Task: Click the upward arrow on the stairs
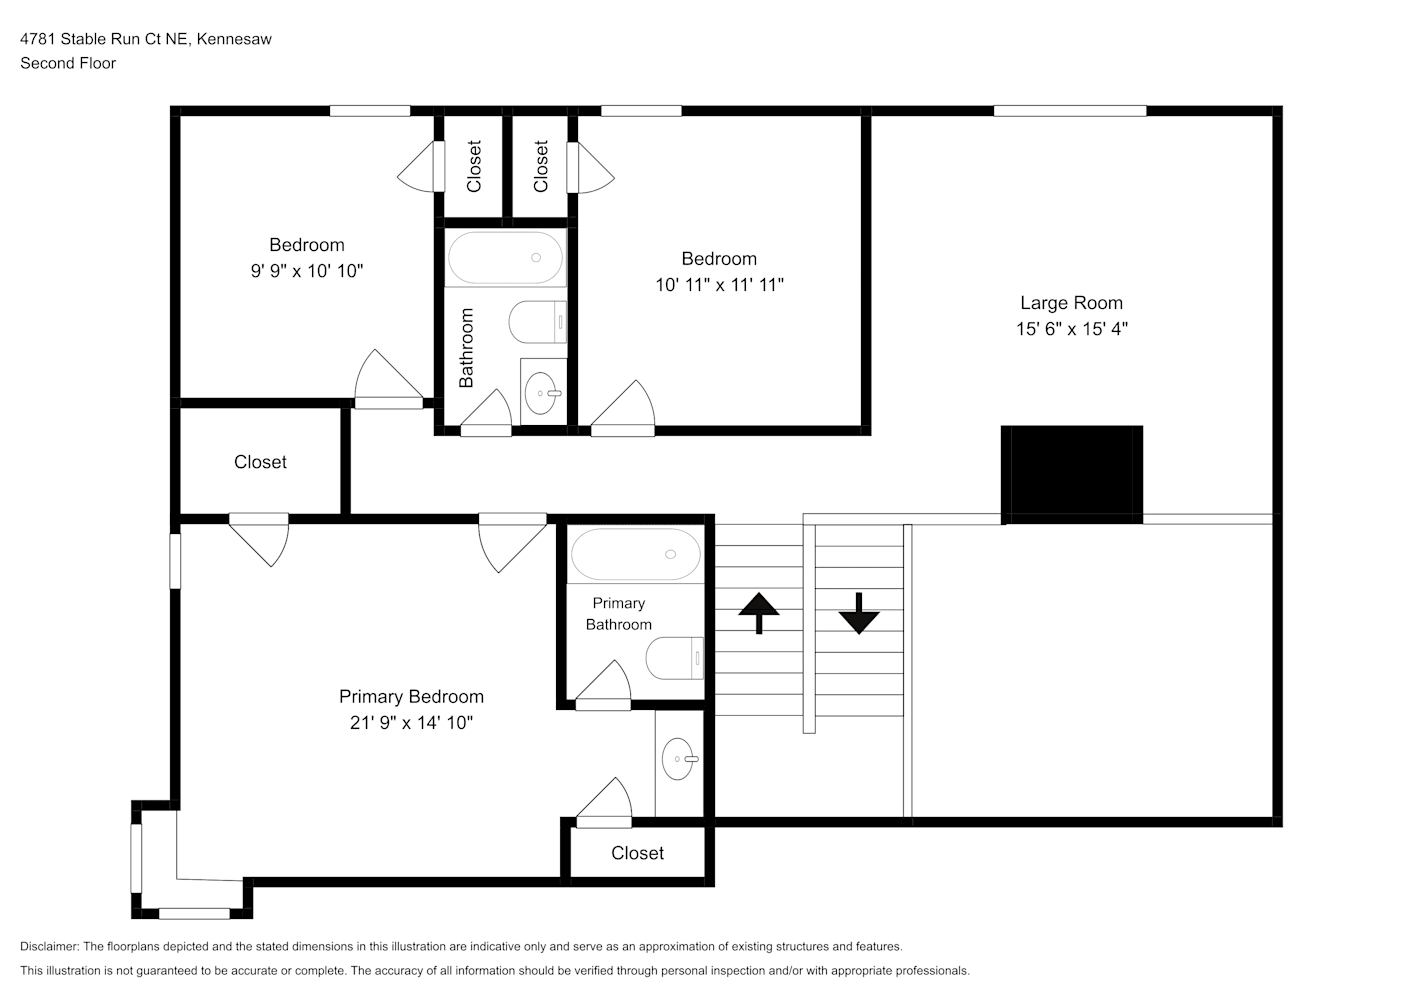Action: pos(759,612)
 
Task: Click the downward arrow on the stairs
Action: pos(858,613)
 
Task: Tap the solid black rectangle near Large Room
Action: pos(1072,475)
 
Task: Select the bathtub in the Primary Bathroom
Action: pos(636,554)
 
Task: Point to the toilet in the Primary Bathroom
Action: pos(675,658)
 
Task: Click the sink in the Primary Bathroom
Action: pos(679,759)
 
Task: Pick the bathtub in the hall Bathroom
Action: pos(505,258)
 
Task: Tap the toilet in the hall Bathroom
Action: pos(538,322)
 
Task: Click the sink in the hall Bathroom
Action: pos(542,393)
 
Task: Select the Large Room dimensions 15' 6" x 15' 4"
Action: pos(1072,329)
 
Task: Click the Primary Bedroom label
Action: pos(412,696)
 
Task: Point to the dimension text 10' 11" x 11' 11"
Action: pos(720,285)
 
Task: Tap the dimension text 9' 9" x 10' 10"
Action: pos(307,271)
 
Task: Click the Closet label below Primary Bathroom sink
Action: pos(638,853)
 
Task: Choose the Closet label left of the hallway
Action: pos(260,462)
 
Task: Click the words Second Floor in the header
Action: pos(68,63)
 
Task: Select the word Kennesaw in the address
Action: pos(234,39)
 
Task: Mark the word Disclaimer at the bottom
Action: pos(50,946)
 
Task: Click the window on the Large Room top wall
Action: pos(1070,111)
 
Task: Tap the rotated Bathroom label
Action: pos(466,348)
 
